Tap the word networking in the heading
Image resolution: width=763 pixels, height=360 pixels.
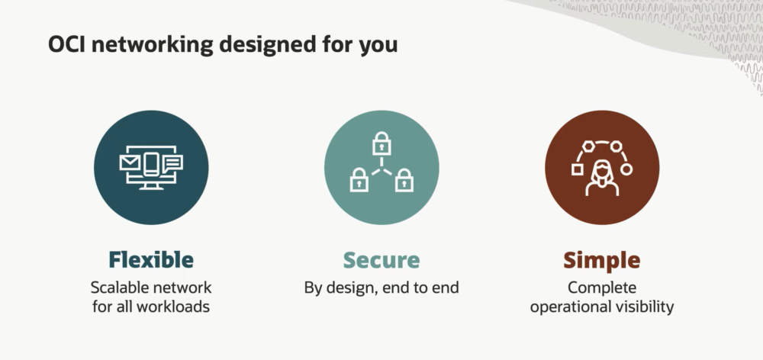pos(153,44)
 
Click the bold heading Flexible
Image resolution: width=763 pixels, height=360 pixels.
pos(151,260)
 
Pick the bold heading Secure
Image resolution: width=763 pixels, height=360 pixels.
pos(381,260)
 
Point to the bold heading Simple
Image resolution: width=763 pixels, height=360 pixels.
pos(602,260)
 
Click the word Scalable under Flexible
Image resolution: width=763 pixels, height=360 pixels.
pos(120,288)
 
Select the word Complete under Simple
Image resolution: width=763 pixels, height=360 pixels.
pos(602,288)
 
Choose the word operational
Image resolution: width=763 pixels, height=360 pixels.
pos(569,307)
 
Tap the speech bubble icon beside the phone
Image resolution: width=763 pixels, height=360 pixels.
pos(172,163)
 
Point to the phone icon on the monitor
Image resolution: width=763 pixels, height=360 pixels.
pos(151,164)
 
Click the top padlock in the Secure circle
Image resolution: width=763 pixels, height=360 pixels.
pos(381,143)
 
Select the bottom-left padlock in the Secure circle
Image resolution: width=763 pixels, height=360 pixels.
pos(359,179)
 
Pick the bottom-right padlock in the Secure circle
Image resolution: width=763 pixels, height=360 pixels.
pos(404,179)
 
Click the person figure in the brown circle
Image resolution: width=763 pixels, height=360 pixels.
pos(602,178)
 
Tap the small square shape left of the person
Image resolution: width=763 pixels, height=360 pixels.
pos(578,169)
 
